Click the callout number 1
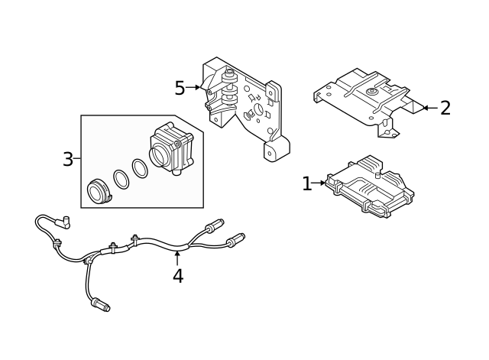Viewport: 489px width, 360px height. point(306,184)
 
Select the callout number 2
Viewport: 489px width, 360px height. point(445,108)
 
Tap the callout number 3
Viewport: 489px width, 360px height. point(68,159)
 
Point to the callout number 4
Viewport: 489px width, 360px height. point(177,276)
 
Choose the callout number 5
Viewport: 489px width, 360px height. point(180,88)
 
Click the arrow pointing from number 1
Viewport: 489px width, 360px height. point(319,183)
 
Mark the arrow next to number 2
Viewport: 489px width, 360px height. point(429,108)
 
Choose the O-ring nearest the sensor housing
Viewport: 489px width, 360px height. point(140,168)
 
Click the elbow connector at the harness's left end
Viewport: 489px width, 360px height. point(66,222)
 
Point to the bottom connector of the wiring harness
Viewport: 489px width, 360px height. point(100,306)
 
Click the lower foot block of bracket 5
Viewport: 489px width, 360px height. point(274,150)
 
